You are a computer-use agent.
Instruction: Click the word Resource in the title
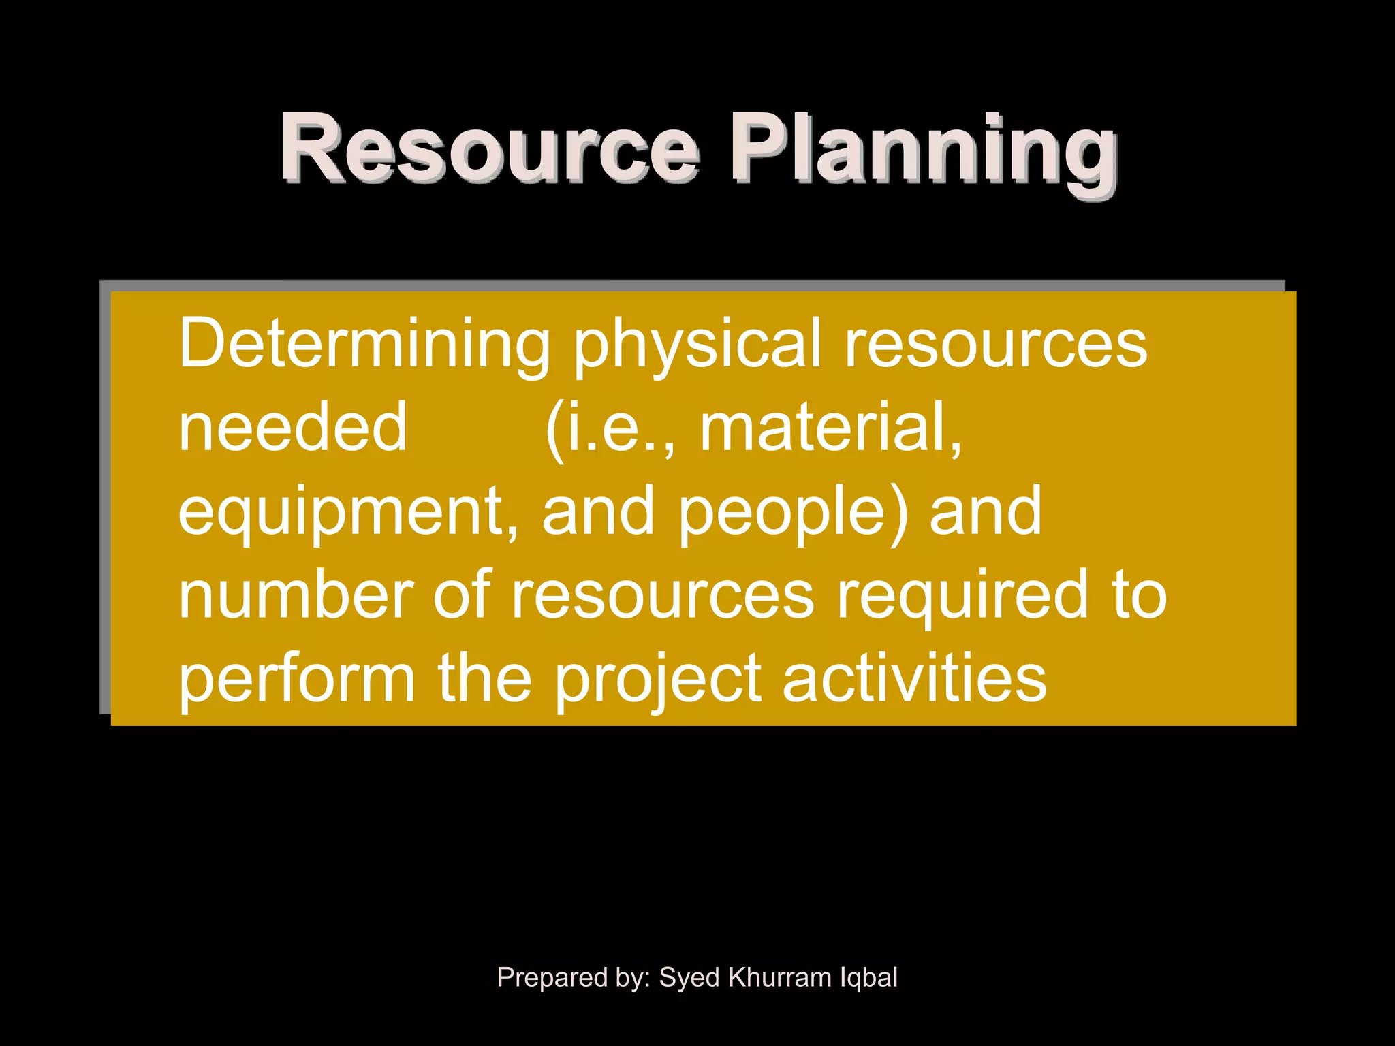coord(489,148)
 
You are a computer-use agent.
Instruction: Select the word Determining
coord(364,343)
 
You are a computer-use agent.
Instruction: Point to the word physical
coord(697,346)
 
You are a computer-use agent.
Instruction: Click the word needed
coord(293,428)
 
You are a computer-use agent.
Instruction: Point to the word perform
coord(297,679)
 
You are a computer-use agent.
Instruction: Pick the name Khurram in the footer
coord(779,977)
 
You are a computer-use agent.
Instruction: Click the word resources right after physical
coord(996,343)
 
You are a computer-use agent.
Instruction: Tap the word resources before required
coord(662,595)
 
